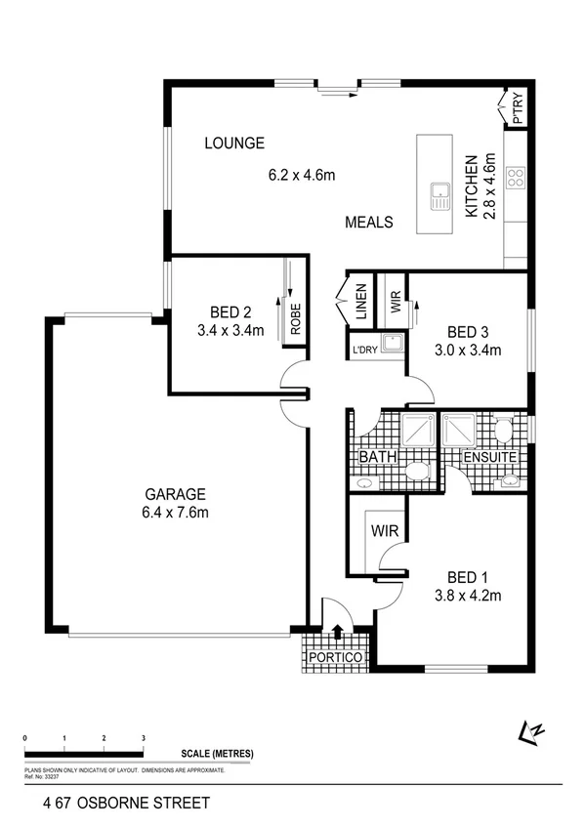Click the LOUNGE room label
pyautogui.click(x=233, y=144)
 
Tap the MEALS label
pyautogui.click(x=369, y=223)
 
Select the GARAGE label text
pyautogui.click(x=176, y=494)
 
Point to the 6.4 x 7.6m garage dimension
pyautogui.click(x=176, y=513)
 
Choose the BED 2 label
pyautogui.click(x=230, y=312)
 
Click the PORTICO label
pyautogui.click(x=336, y=658)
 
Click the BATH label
pyautogui.click(x=376, y=457)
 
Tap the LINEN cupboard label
pyautogui.click(x=360, y=302)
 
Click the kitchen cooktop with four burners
pyautogui.click(x=515, y=179)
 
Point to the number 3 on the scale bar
pyautogui.click(x=144, y=737)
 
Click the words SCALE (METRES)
pyautogui.click(x=217, y=754)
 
